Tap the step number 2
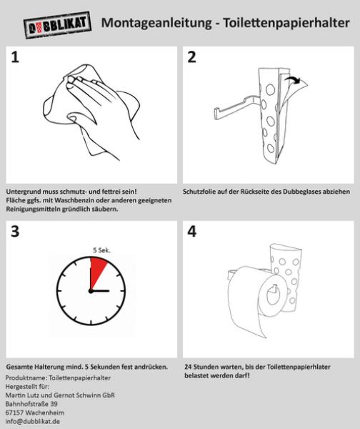[x=191, y=58]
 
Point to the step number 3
[x=15, y=232]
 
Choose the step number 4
[x=191, y=232]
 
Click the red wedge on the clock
[x=97, y=273]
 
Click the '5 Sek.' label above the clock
[x=101, y=250]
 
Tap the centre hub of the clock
[x=90, y=292]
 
